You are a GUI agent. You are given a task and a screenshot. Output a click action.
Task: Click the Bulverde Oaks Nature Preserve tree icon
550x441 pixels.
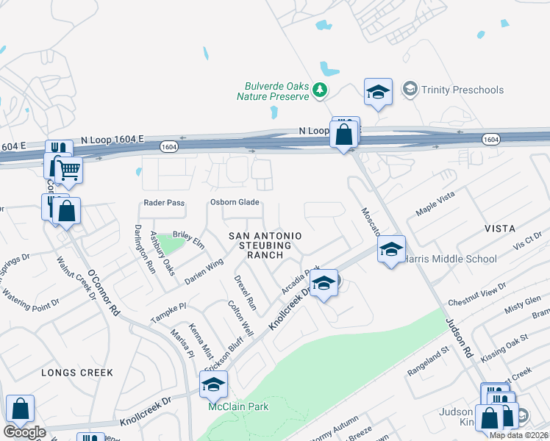(x=319, y=90)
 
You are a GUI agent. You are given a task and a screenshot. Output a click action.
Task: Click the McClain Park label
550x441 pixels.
(x=238, y=406)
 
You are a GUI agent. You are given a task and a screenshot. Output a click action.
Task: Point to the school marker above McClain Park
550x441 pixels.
(x=213, y=384)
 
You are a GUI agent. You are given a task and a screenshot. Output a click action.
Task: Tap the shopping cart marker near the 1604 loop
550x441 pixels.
(x=69, y=171)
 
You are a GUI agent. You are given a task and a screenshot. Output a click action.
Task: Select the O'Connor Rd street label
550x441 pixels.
(x=104, y=293)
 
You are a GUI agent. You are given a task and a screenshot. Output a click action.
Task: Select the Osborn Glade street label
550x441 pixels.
(x=235, y=203)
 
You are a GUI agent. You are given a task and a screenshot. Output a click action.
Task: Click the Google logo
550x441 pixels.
(x=25, y=432)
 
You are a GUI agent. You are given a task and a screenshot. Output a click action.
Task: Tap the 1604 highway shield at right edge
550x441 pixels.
(x=491, y=139)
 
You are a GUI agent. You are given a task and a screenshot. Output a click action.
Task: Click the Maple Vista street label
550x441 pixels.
(x=435, y=204)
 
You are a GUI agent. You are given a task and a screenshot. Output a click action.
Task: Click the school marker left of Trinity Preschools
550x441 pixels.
(x=378, y=92)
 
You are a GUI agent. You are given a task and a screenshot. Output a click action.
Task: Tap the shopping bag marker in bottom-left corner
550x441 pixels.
(x=21, y=409)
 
